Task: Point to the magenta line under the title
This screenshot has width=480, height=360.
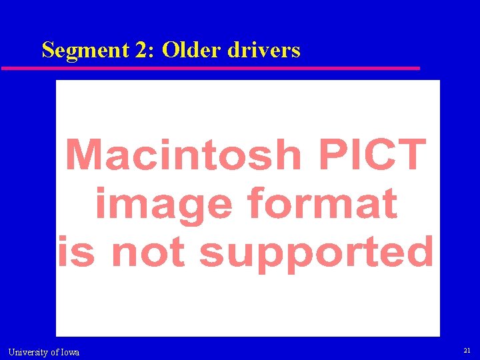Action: click(x=211, y=68)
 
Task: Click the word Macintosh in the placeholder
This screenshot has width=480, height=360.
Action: click(x=184, y=154)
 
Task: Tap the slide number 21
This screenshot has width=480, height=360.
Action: click(x=466, y=350)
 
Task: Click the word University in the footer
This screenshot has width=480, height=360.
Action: click(x=28, y=352)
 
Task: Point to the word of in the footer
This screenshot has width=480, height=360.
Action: click(x=54, y=352)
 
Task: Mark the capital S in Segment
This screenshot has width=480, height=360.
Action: click(x=47, y=50)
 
